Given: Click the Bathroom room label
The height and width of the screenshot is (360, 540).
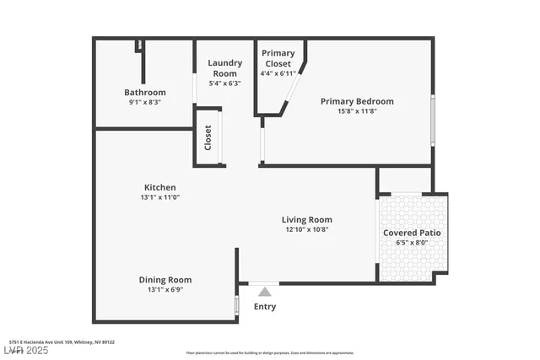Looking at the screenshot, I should (x=145, y=92).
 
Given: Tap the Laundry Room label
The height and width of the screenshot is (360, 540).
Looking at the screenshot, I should (x=225, y=68).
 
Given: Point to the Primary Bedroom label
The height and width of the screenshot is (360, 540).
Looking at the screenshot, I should (x=357, y=101).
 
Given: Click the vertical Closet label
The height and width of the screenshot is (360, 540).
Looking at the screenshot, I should (x=208, y=138).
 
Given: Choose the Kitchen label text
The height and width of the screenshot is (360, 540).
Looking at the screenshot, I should (x=159, y=187).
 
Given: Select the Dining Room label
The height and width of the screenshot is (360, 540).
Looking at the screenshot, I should (x=165, y=280).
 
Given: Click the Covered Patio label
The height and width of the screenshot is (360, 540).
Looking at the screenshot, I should (x=412, y=233).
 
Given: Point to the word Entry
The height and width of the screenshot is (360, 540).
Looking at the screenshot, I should (x=265, y=307).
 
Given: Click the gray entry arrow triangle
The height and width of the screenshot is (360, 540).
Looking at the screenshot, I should (x=265, y=292).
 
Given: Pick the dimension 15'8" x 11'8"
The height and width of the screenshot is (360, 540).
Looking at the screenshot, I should (x=357, y=111).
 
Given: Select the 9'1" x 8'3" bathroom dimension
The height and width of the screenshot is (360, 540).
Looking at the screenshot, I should (x=145, y=102).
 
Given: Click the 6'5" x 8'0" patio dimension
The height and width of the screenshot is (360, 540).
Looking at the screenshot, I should (x=412, y=243).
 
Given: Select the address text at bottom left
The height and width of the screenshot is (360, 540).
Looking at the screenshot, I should (x=62, y=342).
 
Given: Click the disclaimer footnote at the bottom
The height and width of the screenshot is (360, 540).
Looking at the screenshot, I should (x=270, y=352).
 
